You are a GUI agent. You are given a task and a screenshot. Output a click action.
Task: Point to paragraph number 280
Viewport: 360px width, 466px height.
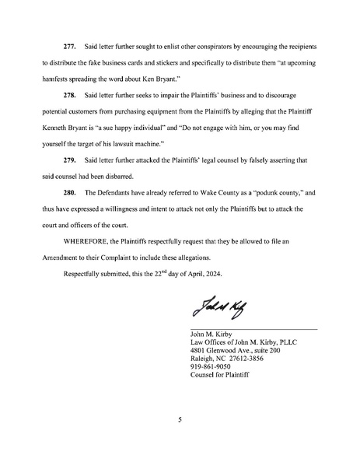click(61, 191)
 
